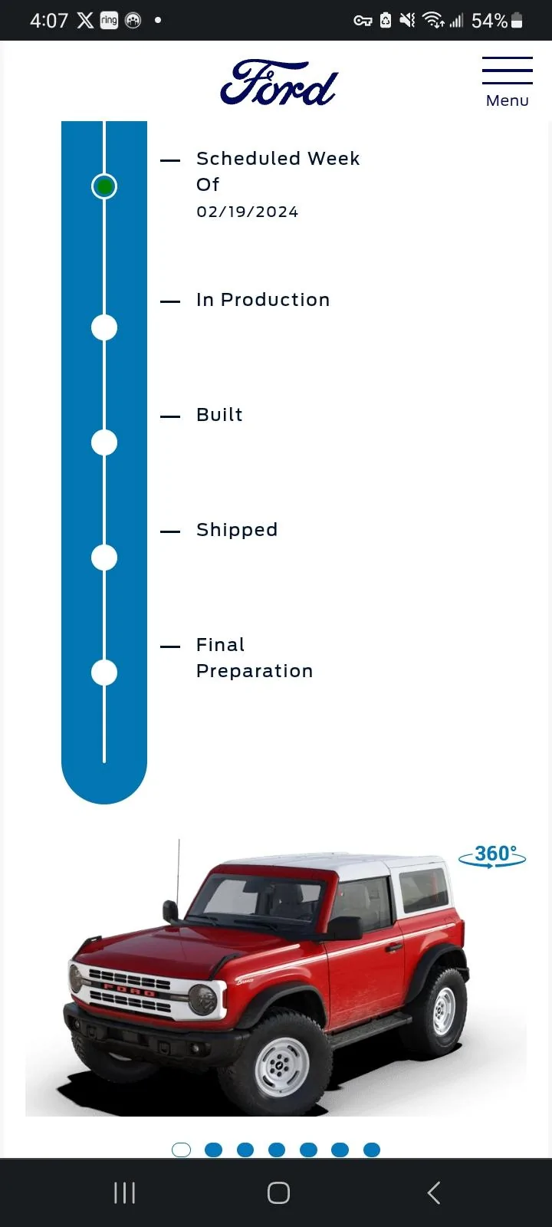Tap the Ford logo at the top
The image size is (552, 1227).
[279, 83]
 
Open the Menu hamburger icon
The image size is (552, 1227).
[507, 71]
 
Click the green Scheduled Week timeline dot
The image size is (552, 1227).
[104, 186]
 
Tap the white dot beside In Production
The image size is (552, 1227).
[104, 327]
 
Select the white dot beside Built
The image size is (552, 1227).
[104, 442]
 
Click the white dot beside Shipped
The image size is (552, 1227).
[104, 558]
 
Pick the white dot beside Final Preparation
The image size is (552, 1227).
[104, 673]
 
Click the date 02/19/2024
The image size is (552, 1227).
[248, 212]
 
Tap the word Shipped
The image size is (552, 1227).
[237, 530]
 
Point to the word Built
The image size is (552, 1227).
[219, 415]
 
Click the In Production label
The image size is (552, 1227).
[264, 300]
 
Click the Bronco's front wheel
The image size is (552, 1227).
[281, 1064]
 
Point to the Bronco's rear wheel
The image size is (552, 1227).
[441, 1011]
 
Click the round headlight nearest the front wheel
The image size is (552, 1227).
[202, 999]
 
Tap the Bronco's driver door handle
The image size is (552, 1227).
[393, 947]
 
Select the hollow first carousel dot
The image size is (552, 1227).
[181, 1150]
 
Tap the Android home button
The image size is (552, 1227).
[278, 1192]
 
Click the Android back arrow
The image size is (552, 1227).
[434, 1192]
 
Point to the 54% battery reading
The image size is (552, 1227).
[489, 21]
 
